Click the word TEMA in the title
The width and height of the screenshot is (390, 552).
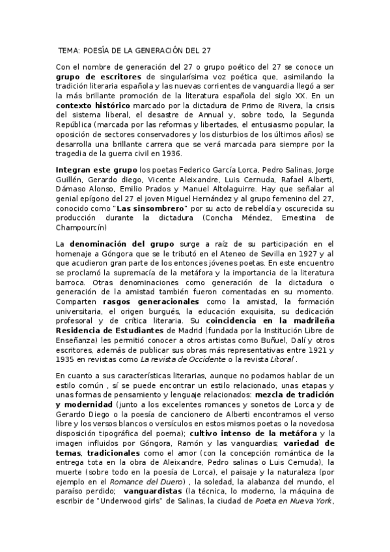click(67, 49)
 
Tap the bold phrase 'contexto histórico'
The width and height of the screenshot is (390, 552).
click(93, 105)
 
